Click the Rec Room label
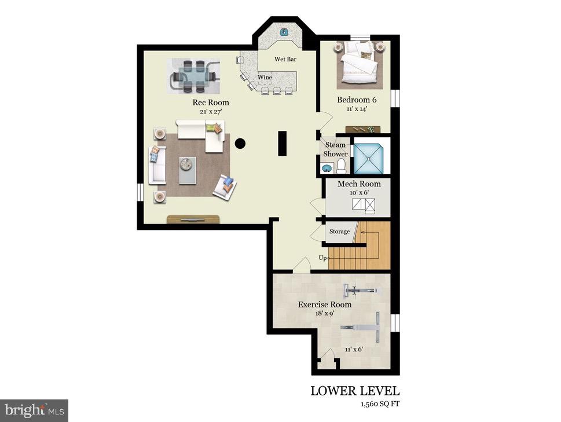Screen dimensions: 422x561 (x=207, y=102)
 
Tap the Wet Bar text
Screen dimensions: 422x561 (x=285, y=59)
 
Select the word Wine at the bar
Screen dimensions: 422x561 (x=265, y=77)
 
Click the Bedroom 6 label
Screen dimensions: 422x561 (x=357, y=100)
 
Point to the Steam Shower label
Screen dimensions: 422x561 (x=335, y=149)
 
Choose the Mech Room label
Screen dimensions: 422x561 (x=359, y=184)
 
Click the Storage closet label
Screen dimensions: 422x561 (x=339, y=232)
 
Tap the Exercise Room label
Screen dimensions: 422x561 (x=324, y=304)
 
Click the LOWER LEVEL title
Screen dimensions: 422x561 (x=354, y=391)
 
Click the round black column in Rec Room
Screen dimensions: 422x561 (x=240, y=143)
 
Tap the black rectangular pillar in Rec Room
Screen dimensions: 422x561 (x=282, y=143)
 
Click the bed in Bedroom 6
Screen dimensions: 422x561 (x=358, y=66)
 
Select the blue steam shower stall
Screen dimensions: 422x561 (x=369, y=156)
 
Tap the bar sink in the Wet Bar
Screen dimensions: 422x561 (x=285, y=32)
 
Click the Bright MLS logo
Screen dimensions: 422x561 (x=34, y=410)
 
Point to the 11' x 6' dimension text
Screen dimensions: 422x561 (x=353, y=349)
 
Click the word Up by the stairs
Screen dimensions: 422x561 (x=322, y=258)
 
